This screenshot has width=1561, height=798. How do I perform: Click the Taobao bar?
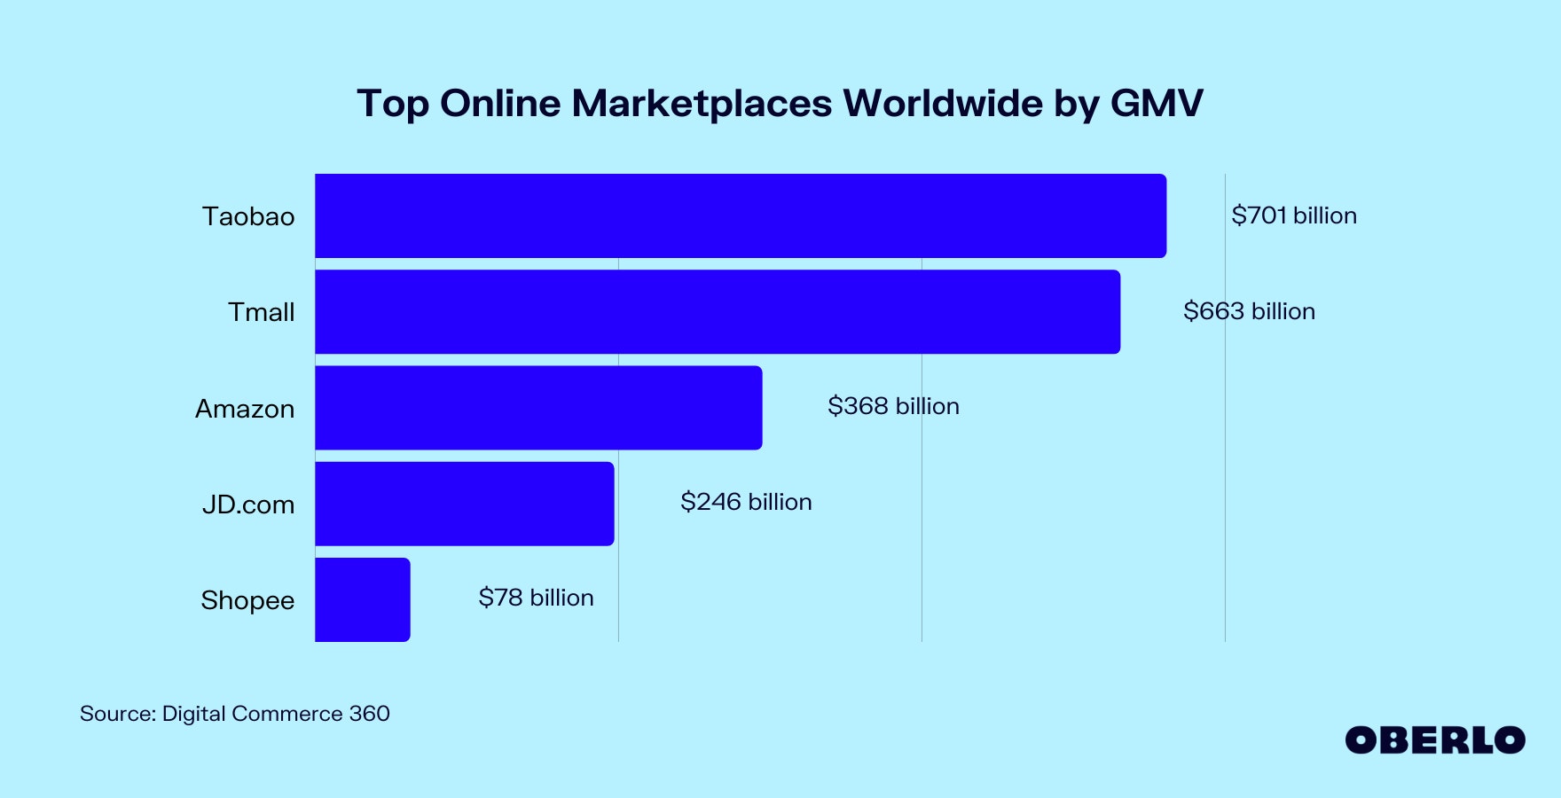coord(741,215)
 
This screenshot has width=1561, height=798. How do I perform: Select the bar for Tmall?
coord(718,312)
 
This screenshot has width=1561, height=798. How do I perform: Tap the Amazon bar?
coord(538,408)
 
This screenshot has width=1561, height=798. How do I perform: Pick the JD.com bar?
coord(464,504)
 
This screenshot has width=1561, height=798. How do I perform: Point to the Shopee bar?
coord(362,599)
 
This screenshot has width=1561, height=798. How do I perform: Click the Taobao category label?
coord(248,216)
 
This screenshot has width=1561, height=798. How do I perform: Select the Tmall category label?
coord(261,312)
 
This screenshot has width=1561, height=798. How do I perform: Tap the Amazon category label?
coord(245,409)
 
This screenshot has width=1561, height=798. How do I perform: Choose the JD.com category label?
coord(248,505)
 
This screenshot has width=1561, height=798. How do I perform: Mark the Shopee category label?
coord(247,600)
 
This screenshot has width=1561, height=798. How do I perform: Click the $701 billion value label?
coord(1294,215)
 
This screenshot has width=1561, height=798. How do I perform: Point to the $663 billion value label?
coord(1249,311)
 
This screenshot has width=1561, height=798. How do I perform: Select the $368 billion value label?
coord(893,406)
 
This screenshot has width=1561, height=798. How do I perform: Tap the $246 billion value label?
coord(746,502)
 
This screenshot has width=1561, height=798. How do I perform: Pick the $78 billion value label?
coord(536,598)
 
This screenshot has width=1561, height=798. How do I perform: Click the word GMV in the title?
coord(1157,103)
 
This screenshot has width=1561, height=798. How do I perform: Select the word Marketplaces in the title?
coord(702,103)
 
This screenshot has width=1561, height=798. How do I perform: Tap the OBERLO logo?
coord(1434,740)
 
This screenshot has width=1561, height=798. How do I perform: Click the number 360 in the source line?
coord(369,714)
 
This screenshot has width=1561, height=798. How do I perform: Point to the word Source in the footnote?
coord(117,714)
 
